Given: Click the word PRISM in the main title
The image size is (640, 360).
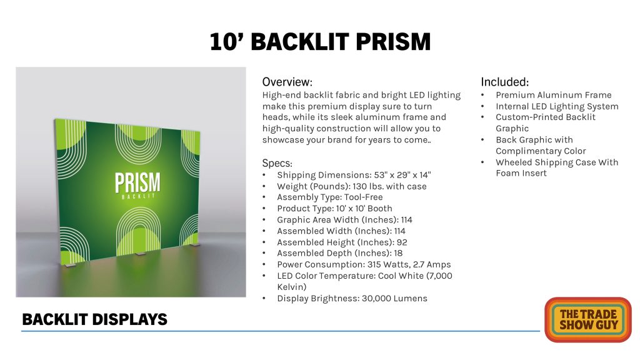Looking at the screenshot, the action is (x=393, y=42).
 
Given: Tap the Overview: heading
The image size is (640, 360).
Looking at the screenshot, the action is (x=287, y=82).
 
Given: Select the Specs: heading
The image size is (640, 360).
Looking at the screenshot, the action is (x=277, y=163).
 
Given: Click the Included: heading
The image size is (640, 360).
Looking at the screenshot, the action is (x=505, y=82).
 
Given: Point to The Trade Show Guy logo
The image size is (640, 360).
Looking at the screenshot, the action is (x=587, y=319).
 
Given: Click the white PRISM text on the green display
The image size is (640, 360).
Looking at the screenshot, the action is (x=137, y=182).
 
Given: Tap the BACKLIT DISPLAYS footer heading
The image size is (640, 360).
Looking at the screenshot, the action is (x=95, y=319).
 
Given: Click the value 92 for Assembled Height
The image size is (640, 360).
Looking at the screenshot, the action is (x=402, y=242).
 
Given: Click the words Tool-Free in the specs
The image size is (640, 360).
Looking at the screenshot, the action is (x=364, y=197).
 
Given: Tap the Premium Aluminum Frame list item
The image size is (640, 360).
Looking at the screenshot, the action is (x=554, y=95).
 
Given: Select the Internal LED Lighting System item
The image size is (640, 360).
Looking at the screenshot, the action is (x=557, y=106).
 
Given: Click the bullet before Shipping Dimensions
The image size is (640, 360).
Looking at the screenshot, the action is (x=264, y=176).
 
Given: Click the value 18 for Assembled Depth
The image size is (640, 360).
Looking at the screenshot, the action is (x=398, y=253).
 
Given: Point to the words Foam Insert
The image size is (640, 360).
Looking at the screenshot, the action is (x=521, y=173).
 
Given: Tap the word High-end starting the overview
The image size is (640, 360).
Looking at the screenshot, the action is (x=282, y=96).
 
